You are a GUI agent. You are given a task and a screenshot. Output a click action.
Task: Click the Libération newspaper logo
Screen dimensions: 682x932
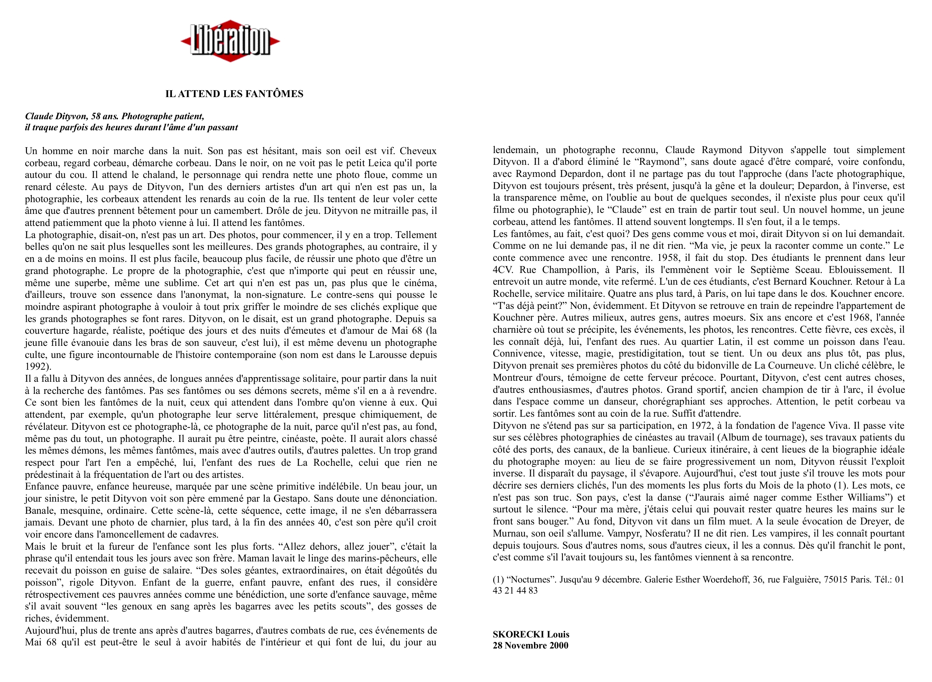[230, 41]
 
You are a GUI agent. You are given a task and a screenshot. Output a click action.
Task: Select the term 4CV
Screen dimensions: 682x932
[503, 270]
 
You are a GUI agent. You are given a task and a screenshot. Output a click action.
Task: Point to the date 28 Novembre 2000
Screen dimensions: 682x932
[530, 646]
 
